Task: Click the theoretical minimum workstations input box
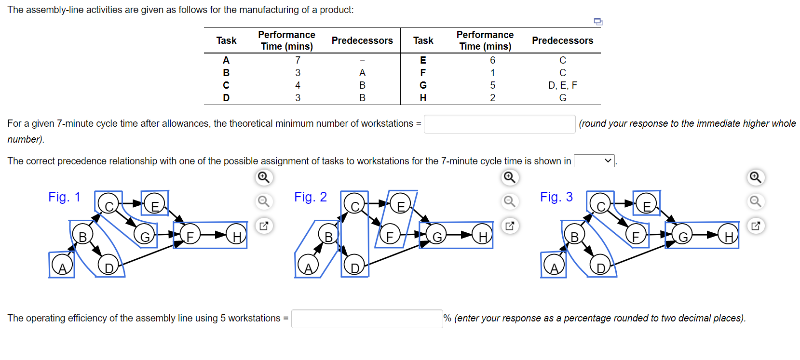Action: click(499, 124)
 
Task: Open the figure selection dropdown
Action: click(594, 161)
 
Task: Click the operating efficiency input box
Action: click(366, 319)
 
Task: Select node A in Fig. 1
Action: click(62, 266)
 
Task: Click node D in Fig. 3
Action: click(601, 266)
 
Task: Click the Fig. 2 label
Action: click(310, 197)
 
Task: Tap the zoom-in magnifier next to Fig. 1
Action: click(264, 177)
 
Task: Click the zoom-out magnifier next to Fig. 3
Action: click(755, 201)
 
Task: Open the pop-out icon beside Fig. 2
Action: click(510, 226)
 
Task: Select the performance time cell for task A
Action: click(298, 60)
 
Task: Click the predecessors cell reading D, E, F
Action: click(562, 85)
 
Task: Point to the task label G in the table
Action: click(423, 85)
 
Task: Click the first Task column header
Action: click(226, 40)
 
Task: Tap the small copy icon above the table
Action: click(598, 21)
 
